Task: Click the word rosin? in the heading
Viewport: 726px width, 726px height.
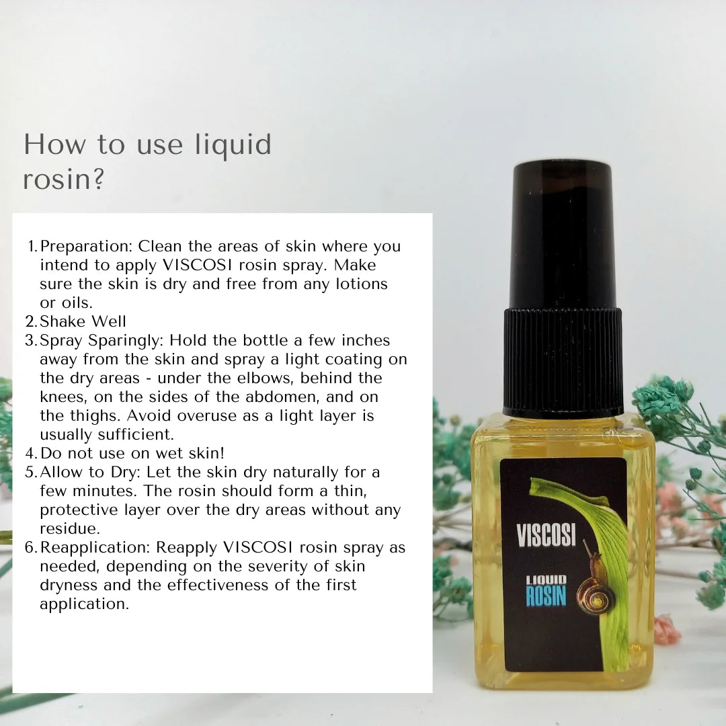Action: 64,180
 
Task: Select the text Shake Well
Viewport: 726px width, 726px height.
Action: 83,321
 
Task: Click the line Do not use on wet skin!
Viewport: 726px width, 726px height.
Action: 132,453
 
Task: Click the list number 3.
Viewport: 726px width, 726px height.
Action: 31,340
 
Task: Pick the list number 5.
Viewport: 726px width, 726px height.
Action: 31,472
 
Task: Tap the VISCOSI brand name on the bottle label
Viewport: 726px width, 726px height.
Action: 546,535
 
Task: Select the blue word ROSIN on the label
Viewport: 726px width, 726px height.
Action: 546,596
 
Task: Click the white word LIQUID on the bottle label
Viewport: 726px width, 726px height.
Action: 546,579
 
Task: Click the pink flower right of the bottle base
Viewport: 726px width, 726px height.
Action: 667,630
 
